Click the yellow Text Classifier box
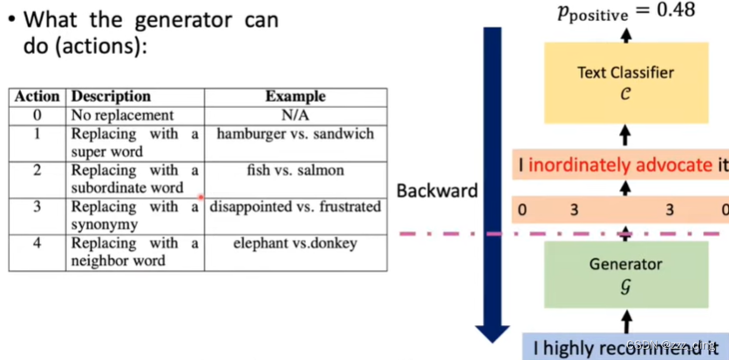click(625, 82)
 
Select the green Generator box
click(625, 274)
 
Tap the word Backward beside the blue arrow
click(437, 189)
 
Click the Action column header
click(37, 97)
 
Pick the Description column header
click(111, 97)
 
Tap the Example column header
click(295, 97)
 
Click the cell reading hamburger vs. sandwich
click(295, 134)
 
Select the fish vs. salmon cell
click(295, 171)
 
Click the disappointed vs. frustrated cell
click(295, 207)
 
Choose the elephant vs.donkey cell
click(295, 244)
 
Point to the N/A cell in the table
click(295, 115)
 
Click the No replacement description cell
click(122, 115)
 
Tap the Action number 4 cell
click(37, 244)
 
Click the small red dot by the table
click(201, 198)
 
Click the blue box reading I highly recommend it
click(625, 348)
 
